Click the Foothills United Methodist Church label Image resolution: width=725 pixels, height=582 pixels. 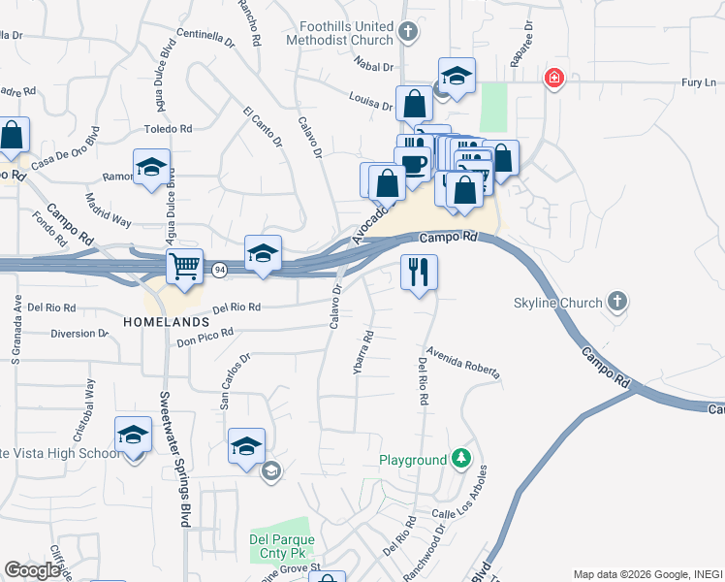pos(339,34)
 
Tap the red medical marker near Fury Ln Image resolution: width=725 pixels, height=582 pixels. pos(553,78)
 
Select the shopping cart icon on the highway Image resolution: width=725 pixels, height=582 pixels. pos(184,266)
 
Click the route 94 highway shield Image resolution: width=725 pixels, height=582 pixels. pos(220,271)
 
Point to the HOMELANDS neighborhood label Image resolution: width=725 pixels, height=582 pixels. pos(166,320)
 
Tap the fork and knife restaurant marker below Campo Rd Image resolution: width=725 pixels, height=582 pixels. pos(419,273)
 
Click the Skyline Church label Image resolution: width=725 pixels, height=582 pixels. pos(557,303)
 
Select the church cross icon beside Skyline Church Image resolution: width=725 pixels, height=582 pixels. pos(617,302)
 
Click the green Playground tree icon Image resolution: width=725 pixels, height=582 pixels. pos(462,459)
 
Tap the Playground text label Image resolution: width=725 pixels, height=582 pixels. pos(413,460)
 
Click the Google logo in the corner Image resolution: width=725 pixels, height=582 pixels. pos(32,570)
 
